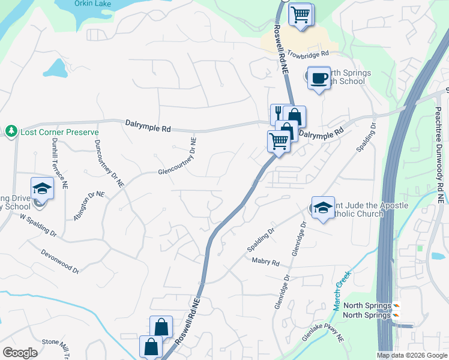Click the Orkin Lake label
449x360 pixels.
[92, 4]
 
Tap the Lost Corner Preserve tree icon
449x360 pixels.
[11, 131]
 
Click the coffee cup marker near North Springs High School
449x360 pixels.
[319, 77]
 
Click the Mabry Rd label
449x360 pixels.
[267, 263]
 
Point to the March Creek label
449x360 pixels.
[341, 290]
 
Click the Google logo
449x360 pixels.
[20, 352]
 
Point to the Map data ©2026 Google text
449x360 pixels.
[411, 355]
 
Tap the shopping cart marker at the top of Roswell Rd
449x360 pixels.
[301, 14]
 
